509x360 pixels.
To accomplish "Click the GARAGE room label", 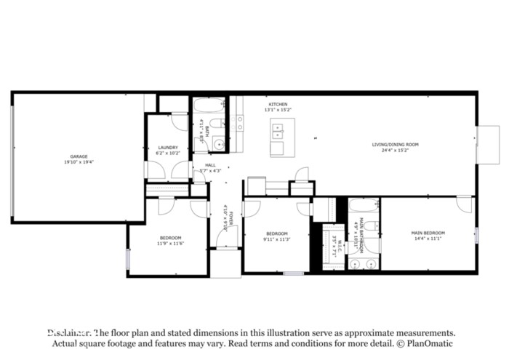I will pyautogui.click(x=79, y=157).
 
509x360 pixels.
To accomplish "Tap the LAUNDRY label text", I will pyautogui.click(x=168, y=148).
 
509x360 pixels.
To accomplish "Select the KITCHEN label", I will pyautogui.click(x=278, y=105).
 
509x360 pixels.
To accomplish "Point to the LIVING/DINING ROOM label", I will pyautogui.click(x=395, y=145).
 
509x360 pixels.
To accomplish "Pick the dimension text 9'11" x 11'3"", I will pyautogui.click(x=277, y=239).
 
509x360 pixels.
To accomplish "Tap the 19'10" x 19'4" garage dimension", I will pyautogui.click(x=79, y=162).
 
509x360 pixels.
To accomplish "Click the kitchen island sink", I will pyautogui.click(x=277, y=131).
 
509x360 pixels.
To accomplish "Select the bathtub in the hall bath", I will pyautogui.click(x=210, y=107).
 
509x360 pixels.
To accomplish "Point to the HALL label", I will pyautogui.click(x=210, y=165).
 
